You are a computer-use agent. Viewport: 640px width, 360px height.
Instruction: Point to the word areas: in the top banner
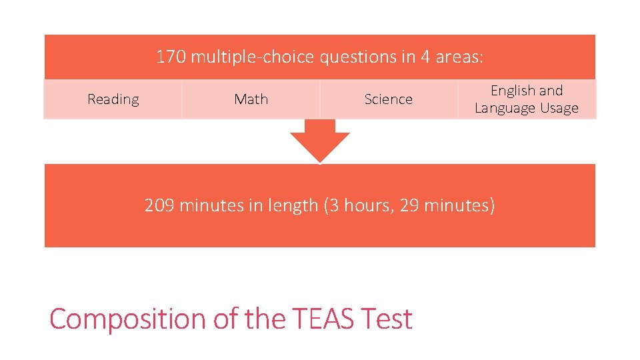click(459, 57)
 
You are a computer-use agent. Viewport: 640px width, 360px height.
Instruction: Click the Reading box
click(113, 99)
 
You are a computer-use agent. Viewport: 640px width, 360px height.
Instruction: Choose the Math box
click(251, 99)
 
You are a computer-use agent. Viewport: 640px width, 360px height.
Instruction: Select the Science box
click(388, 99)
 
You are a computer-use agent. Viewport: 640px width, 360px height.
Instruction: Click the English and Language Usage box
click(527, 99)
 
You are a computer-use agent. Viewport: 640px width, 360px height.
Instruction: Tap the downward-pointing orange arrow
click(320, 141)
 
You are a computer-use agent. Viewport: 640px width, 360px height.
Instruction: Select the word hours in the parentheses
click(370, 205)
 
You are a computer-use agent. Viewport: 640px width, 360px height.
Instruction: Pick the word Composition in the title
click(128, 319)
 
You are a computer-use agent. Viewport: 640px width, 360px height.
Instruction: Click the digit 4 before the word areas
click(425, 57)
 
